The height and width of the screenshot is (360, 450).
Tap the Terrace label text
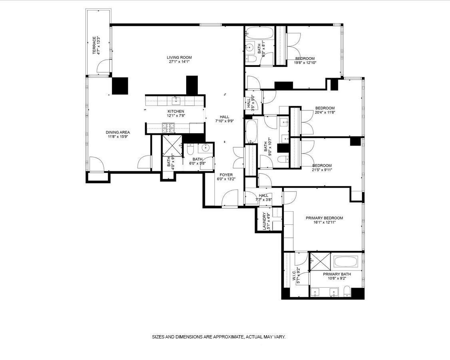tap(95, 46)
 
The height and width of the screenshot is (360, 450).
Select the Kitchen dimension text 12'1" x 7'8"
tap(176, 116)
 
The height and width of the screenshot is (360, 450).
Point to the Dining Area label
tap(117, 132)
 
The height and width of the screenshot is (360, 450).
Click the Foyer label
tap(226, 175)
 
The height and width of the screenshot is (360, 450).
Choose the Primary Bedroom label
tap(324, 218)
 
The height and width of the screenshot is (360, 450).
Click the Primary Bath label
tap(337, 274)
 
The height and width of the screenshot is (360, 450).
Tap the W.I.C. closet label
tap(294, 276)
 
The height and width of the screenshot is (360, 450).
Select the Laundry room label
tap(264, 221)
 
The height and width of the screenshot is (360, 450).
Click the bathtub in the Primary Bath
tap(348, 262)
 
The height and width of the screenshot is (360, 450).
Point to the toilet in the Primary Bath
tap(347, 291)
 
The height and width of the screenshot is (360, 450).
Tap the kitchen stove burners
tap(168, 128)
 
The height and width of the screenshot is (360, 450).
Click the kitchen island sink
tap(175, 100)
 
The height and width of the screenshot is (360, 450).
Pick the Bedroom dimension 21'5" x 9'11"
tap(322, 170)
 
